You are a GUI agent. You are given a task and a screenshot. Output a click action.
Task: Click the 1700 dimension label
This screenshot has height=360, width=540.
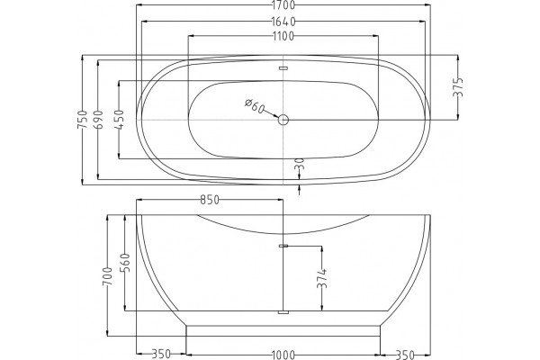[283, 5]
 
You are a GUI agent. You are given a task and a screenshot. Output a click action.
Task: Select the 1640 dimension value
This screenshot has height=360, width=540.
[283, 22]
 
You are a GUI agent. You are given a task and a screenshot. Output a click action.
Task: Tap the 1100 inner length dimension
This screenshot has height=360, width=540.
[283, 36]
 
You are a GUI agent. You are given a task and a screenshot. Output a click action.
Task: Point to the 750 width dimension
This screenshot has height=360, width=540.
[82, 120]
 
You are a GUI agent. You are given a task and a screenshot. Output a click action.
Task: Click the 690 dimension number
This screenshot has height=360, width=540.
[98, 120]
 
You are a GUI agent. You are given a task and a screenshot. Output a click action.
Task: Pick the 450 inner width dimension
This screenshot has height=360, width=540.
[119, 120]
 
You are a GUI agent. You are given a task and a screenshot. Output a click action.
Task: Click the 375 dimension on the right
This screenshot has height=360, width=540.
[458, 87]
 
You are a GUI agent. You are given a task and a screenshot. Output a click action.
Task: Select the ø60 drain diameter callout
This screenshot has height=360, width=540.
[255, 106]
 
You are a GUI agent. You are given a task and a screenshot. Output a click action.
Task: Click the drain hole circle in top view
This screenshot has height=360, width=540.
[283, 120]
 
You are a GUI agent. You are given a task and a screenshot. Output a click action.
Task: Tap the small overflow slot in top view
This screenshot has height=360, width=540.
[283, 68]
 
